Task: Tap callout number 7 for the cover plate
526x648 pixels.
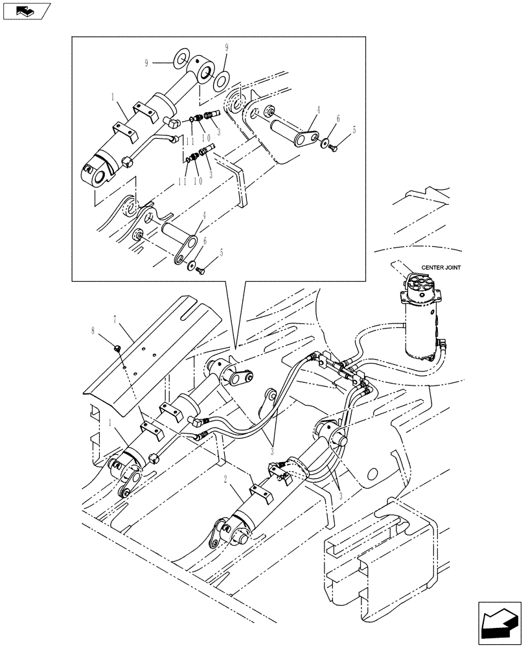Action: [115, 319]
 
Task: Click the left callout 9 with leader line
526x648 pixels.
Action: [148, 64]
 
